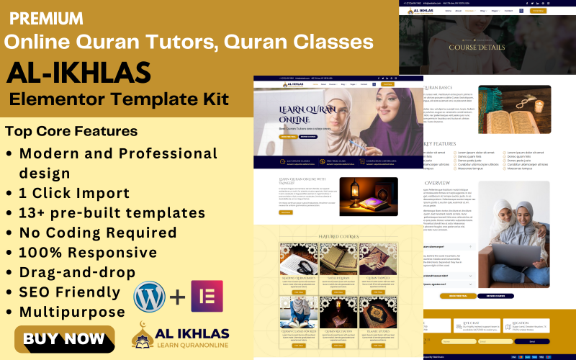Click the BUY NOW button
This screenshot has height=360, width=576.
[64, 338]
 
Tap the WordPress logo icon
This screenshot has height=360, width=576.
[149, 297]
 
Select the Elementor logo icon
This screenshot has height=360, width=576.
[207, 297]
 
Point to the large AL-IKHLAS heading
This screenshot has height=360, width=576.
[78, 72]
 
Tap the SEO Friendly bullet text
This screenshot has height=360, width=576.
[70, 292]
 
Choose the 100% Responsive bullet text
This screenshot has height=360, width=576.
[88, 253]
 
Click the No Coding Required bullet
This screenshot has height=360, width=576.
[98, 233]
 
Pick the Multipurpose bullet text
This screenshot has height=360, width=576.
[72, 312]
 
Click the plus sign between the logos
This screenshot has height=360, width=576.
[178, 297]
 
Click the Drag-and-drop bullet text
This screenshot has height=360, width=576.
[77, 273]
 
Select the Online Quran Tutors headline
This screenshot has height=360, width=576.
[189, 42]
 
